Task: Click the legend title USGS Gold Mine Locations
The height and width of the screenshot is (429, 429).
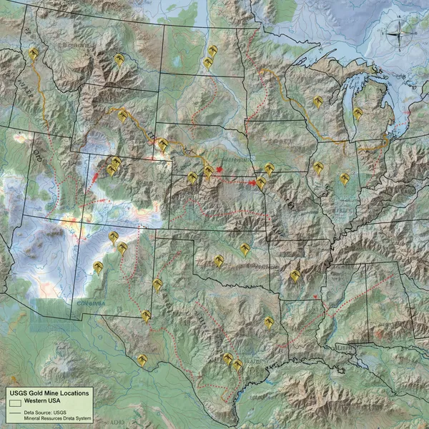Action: [49, 393]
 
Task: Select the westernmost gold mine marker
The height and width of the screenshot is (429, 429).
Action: [33, 54]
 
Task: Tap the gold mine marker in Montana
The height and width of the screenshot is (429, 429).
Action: [119, 59]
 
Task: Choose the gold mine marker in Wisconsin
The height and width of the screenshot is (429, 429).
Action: [317, 102]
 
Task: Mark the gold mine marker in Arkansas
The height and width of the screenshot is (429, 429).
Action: [295, 275]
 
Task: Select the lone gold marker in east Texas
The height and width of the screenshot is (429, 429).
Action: [269, 323]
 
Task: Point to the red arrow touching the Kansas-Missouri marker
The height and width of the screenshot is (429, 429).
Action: [252, 184]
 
